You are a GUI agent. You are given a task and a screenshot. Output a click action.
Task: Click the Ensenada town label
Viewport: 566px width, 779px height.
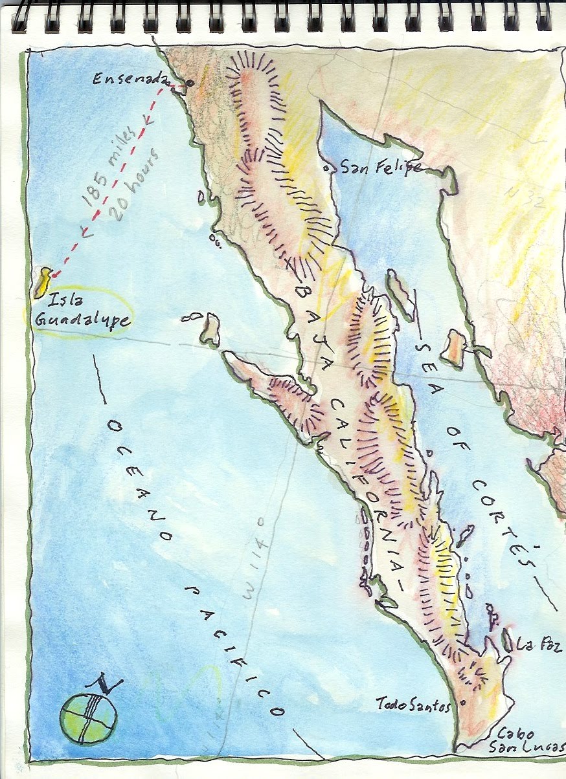point(128,80)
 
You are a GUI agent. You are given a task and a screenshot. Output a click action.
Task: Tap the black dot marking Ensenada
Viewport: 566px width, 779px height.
point(190,83)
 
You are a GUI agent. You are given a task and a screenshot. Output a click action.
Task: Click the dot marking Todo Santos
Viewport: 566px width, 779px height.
point(462,703)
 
